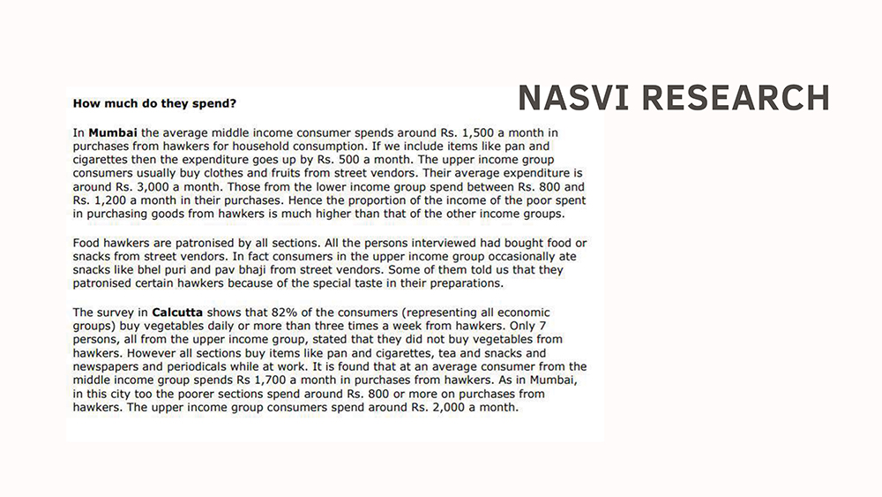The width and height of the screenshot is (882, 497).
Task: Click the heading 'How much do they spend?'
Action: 154,103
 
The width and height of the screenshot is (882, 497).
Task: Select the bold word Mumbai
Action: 112,132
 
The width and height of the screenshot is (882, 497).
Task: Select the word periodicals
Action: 209,366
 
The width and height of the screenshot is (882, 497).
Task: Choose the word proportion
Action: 324,200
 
